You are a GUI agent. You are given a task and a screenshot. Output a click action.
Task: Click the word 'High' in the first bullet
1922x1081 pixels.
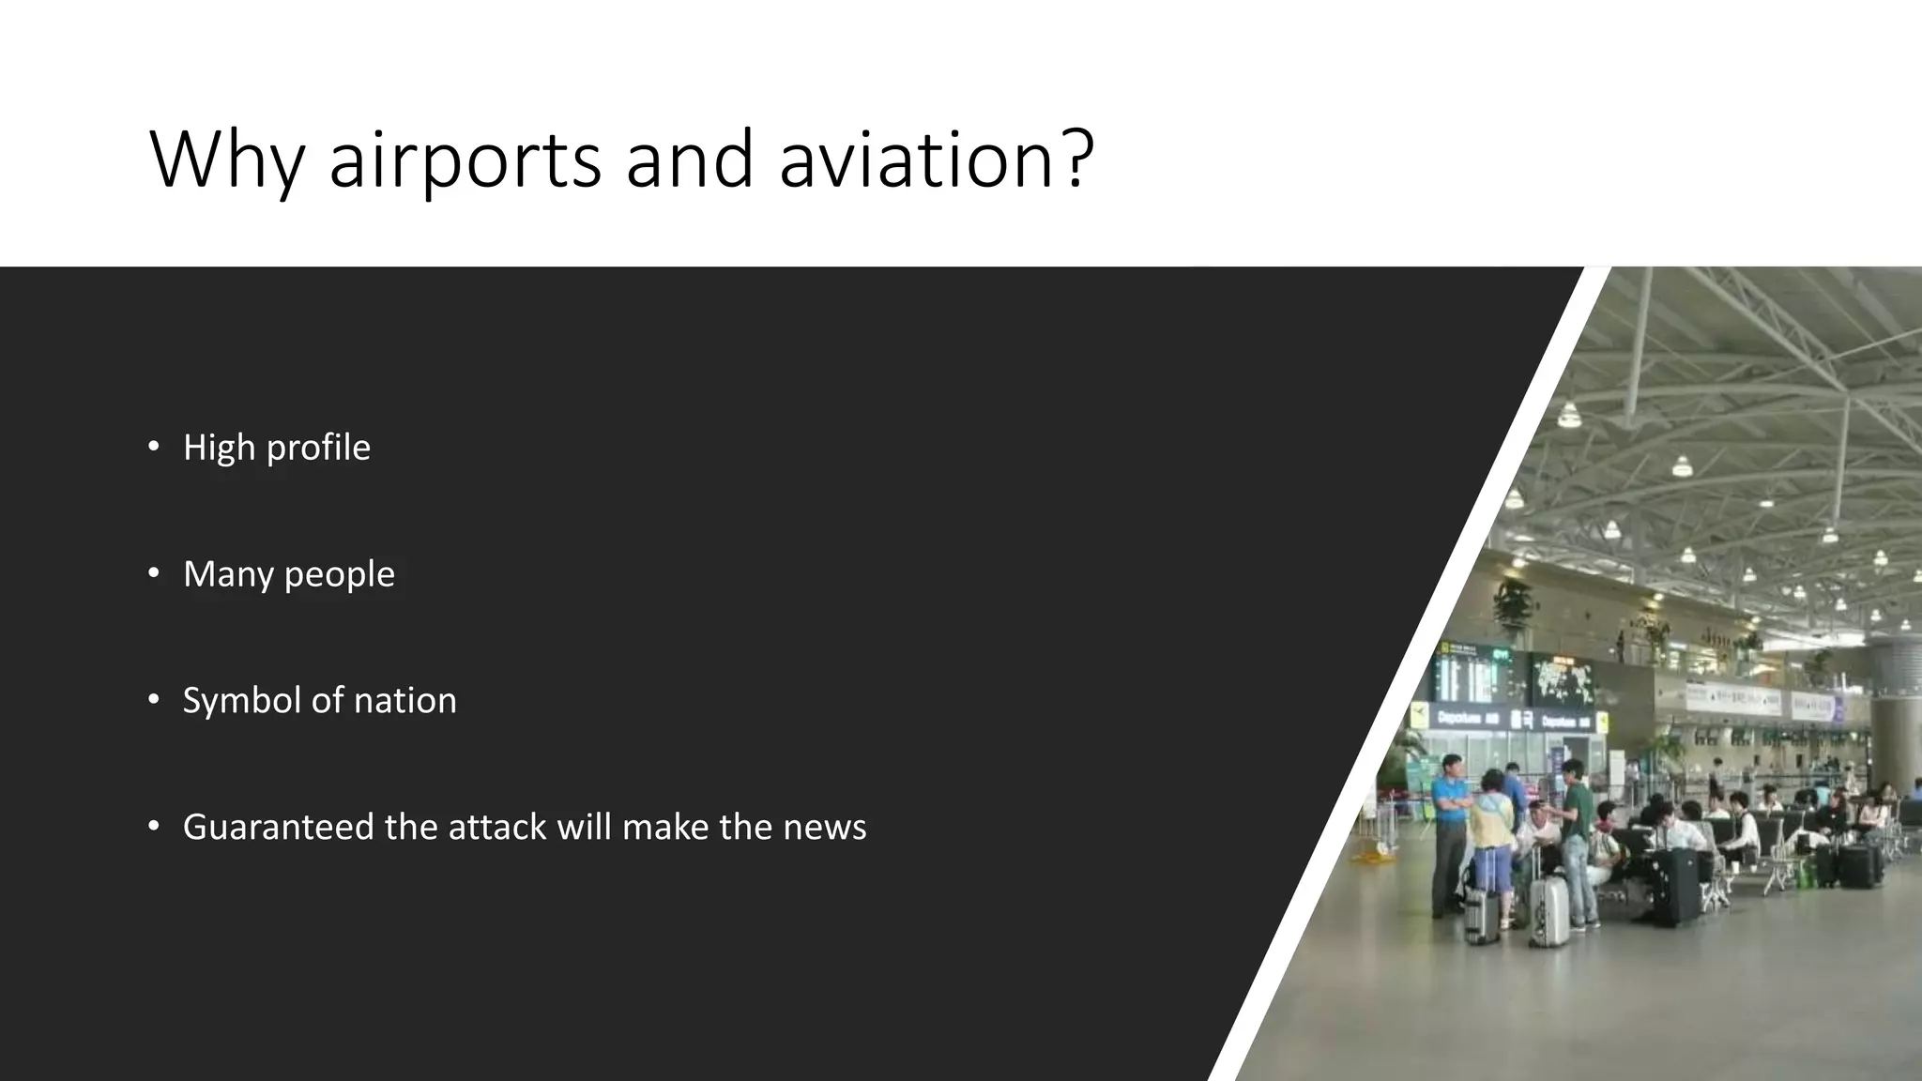click(219, 448)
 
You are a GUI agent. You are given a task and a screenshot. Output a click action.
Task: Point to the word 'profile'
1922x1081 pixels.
click(318, 448)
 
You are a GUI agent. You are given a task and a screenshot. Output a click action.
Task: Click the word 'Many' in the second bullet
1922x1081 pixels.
click(223, 574)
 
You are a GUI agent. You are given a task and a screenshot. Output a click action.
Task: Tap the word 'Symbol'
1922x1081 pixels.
click(241, 701)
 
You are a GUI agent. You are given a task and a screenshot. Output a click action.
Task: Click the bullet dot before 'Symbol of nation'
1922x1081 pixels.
click(154, 700)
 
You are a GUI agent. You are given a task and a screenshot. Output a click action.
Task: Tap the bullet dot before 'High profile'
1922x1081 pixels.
click(154, 447)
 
